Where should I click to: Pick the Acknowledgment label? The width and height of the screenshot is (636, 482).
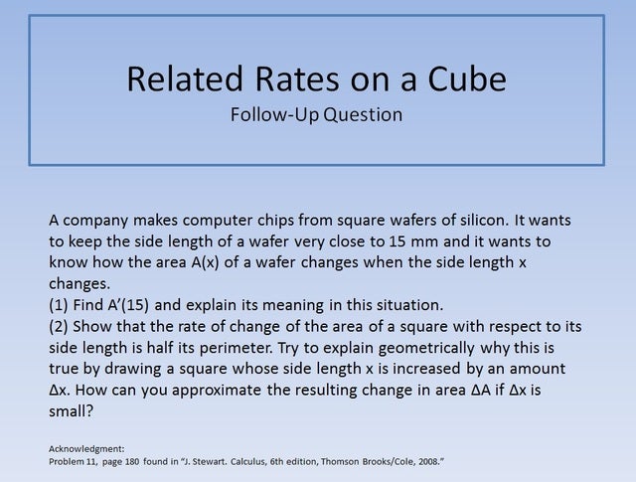(x=86, y=449)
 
